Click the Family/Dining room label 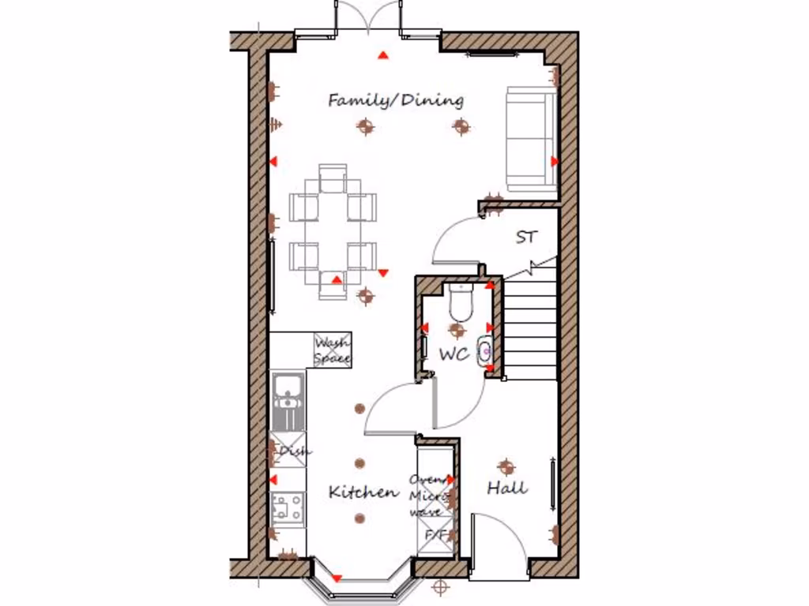pyautogui.click(x=396, y=100)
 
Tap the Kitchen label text pyautogui.click(x=363, y=492)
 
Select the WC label pyautogui.click(x=453, y=355)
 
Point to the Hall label pyautogui.click(x=506, y=488)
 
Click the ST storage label pyautogui.click(x=526, y=237)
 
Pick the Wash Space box pyautogui.click(x=333, y=350)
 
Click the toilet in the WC pyautogui.click(x=459, y=301)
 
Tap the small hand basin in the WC pyautogui.click(x=485, y=349)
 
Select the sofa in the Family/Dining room pyautogui.click(x=530, y=138)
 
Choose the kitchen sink pyautogui.click(x=288, y=392)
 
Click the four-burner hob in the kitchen pyautogui.click(x=288, y=507)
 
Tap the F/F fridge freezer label pyautogui.click(x=436, y=535)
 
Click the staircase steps pyautogui.click(x=530, y=324)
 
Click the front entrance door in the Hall pyautogui.click(x=498, y=544)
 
